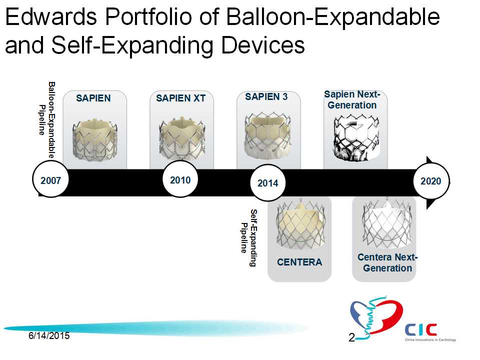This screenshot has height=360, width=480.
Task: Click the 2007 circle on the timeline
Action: coord(50,180)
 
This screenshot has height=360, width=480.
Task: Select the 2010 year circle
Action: coord(180,179)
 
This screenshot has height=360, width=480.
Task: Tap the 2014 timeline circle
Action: coord(268,183)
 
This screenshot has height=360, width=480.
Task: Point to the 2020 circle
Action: coord(431,181)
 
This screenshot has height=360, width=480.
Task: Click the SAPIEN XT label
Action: coord(180,98)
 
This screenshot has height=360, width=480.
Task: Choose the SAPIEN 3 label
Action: coord(266,96)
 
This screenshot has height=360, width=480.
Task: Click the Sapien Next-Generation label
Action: coord(352,100)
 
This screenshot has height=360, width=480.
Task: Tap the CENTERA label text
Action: coord(299,262)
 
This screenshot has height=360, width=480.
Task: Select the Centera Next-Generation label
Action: coord(387,262)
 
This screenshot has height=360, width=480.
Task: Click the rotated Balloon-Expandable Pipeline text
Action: coord(47,119)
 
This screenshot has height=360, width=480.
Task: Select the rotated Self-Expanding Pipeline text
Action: coord(248,238)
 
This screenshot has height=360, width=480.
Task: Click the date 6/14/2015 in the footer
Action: coord(49,336)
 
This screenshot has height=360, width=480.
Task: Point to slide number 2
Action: coord(351,337)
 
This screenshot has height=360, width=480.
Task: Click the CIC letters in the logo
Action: coord(421,329)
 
